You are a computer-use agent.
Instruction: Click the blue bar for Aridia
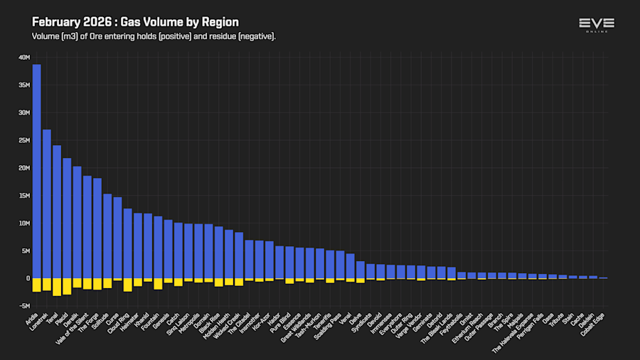[36, 171]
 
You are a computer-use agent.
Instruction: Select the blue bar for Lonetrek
[47, 203]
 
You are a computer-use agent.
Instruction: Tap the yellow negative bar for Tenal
[57, 286]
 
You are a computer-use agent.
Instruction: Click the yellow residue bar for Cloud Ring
[128, 285]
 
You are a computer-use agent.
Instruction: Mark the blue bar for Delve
[361, 270]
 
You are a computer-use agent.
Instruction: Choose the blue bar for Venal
[351, 265]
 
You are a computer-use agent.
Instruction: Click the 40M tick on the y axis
[23, 57]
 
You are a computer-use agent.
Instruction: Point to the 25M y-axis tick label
[23, 140]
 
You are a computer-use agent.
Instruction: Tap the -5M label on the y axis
[23, 306]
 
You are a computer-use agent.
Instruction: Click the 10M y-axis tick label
[23, 223]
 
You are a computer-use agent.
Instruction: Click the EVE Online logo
[596, 25]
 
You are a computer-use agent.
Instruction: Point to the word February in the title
[59, 22]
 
